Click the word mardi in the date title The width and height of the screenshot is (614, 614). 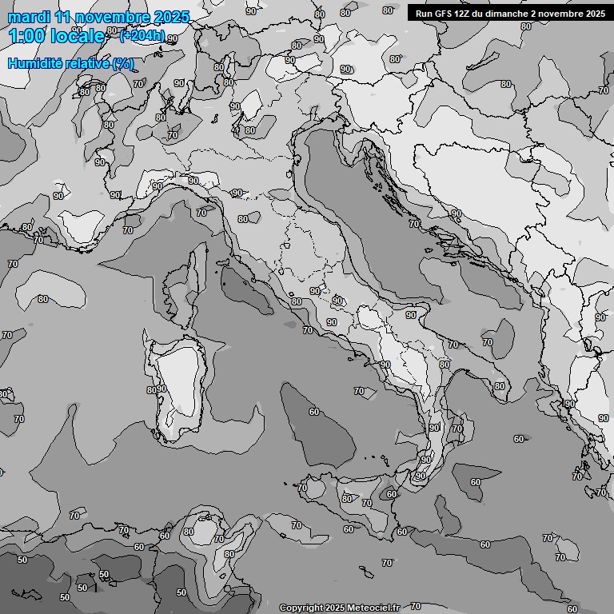point(29,17)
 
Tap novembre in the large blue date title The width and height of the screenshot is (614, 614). point(113,17)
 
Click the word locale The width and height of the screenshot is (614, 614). point(76,36)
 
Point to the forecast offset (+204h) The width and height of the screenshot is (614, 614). point(142,35)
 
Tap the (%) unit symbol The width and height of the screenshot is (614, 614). point(122,63)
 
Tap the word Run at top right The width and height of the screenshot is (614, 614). point(425,13)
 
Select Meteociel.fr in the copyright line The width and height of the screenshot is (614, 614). point(373,608)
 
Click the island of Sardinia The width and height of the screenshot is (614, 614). point(180,384)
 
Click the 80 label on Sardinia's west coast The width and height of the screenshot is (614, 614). point(150,389)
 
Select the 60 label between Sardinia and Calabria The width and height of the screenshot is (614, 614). point(314,412)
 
